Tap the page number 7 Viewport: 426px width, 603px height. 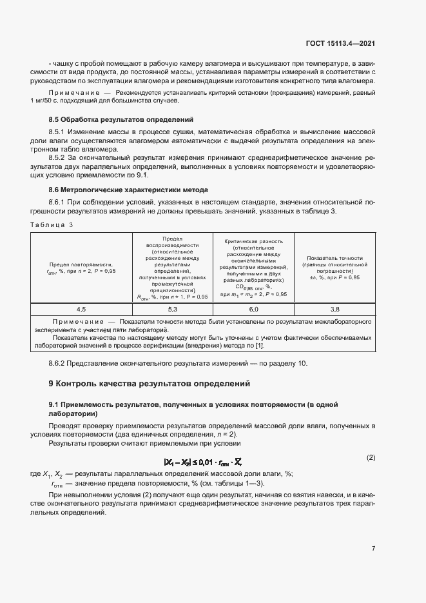pyautogui.click(x=373, y=549)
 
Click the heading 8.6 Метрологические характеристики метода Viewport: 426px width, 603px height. pyautogui.click(x=128, y=190)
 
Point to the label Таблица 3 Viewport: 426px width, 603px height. pyautogui.click(x=52, y=224)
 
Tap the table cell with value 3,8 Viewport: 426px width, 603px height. pyautogui.click(x=334, y=310)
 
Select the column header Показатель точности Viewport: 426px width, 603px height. pyautogui.click(x=334, y=267)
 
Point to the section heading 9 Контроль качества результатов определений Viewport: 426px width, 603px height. pyautogui.click(x=149, y=384)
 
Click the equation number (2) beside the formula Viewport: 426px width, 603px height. pyautogui.click(x=371, y=458)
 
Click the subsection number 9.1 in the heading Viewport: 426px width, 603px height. pyautogui.click(x=54, y=404)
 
